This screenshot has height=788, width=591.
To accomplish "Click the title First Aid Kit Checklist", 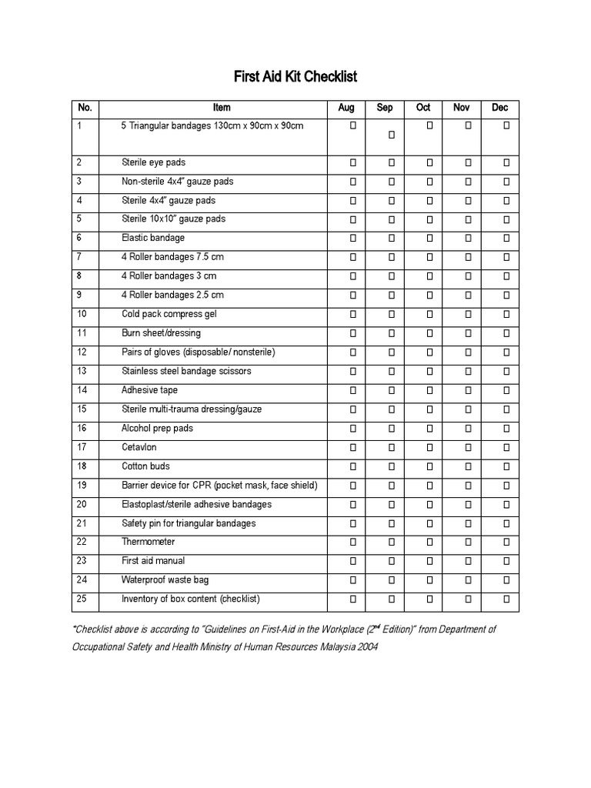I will click(x=295, y=77).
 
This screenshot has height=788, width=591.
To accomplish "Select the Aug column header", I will click(x=346, y=108).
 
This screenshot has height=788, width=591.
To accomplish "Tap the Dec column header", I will click(x=500, y=108).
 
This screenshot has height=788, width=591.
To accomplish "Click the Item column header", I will click(x=222, y=108).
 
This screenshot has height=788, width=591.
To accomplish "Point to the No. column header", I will click(x=85, y=108).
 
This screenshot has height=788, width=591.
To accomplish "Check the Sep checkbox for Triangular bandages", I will click(x=391, y=135).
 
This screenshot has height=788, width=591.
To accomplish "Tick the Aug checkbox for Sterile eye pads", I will click(x=353, y=163).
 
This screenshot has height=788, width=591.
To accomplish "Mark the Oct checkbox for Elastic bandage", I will click(x=429, y=239).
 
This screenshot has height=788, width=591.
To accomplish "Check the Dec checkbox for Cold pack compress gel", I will click(x=506, y=315).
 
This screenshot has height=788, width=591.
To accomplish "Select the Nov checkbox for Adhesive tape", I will click(x=468, y=391).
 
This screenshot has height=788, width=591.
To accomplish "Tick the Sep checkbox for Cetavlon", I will click(x=391, y=448).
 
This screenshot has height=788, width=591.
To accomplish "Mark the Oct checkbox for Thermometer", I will click(x=429, y=543).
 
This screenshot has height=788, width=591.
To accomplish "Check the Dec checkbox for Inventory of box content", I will click(x=506, y=599).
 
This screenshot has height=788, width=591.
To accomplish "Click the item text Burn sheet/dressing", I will click(x=161, y=333).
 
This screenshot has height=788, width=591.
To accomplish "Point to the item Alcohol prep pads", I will click(x=157, y=429).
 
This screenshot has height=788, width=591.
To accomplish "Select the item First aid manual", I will click(x=153, y=561).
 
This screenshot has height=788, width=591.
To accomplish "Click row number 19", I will click(x=82, y=486).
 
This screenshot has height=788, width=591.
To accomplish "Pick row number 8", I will click(x=80, y=276).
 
